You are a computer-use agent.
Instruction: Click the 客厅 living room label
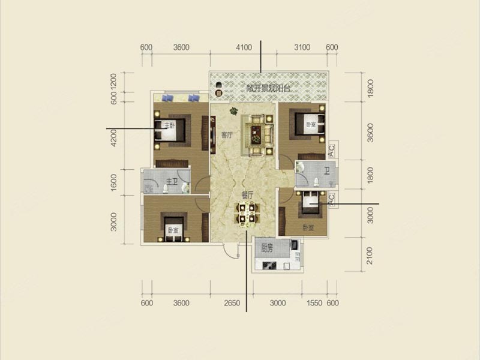click(227, 135)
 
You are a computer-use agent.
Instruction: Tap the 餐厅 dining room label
click(247, 195)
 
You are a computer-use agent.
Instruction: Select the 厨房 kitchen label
click(267, 248)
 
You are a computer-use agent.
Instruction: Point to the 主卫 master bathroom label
click(172, 182)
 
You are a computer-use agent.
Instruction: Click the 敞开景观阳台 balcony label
click(268, 88)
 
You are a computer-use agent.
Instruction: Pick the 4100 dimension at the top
click(244, 47)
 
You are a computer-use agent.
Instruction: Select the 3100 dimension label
click(302, 47)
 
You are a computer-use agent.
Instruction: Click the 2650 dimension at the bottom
click(232, 303)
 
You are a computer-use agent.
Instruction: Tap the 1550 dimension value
click(314, 303)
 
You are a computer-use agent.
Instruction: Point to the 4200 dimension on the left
click(113, 138)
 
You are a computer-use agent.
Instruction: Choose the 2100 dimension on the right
click(370, 256)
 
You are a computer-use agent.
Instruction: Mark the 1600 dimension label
click(113, 182)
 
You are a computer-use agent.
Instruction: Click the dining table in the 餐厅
click(247, 214)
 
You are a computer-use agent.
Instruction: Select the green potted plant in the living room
click(233, 111)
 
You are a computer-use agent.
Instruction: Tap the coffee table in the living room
click(257, 135)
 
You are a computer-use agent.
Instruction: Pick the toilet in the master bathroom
click(166, 189)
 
